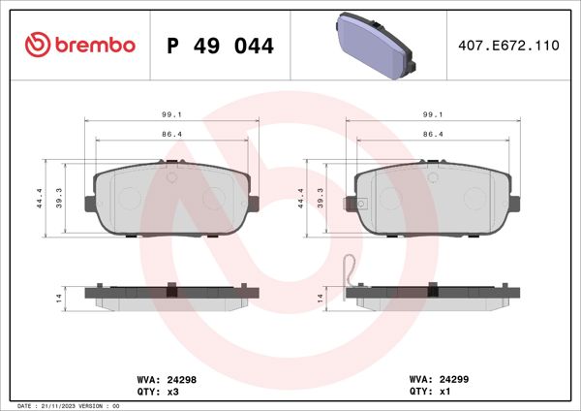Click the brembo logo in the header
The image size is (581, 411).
click(x=79, y=45)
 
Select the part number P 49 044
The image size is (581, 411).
click(x=221, y=46)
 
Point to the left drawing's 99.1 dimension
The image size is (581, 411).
click(x=173, y=113)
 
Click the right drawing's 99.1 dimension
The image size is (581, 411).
click(x=434, y=113)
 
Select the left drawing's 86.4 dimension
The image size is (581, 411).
click(x=173, y=134)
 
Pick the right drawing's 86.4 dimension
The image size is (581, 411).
click(x=434, y=134)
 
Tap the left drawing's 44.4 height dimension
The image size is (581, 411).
click(x=38, y=198)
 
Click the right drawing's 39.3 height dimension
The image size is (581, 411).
click(x=320, y=198)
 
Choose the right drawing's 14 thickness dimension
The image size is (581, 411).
click(x=320, y=298)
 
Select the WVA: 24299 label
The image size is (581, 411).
click(x=440, y=381)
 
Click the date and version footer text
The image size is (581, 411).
click(x=68, y=405)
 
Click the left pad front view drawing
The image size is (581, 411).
click(x=173, y=202)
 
